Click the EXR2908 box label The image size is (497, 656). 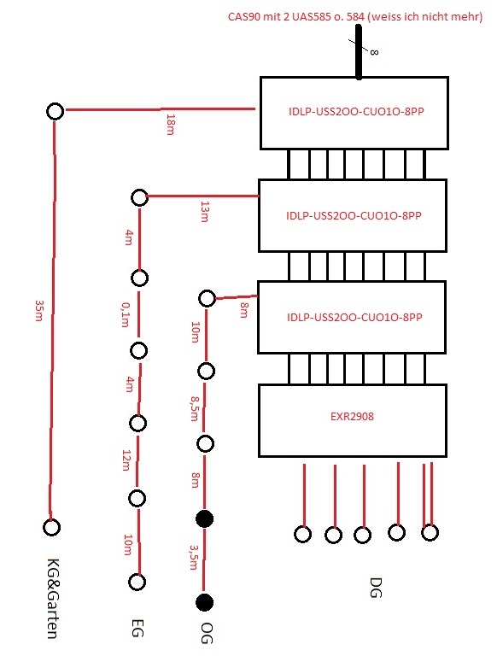pos(352,416)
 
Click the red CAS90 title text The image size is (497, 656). pos(355,17)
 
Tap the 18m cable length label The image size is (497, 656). pos(170,124)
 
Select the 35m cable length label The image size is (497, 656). pos(39,310)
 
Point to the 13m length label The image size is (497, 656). pos(204,212)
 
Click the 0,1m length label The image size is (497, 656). pos(125,314)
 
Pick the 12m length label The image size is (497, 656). pos(126,460)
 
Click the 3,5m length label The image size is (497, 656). pos(193,557)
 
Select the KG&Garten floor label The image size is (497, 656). pos(52,599)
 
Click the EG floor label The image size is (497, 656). pos(137,629)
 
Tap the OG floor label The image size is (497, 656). pos(207,633)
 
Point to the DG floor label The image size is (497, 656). pos(376,588)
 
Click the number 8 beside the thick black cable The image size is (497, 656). pos(374,52)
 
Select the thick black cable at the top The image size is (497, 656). pos(359,52)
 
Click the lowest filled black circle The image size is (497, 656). pos(205,602)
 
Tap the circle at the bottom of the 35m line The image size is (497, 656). pos(51,527)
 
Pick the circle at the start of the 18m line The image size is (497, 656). pos(56,111)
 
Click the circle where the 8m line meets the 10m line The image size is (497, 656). pos(207,299)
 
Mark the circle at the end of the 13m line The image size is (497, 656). pos(140,197)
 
